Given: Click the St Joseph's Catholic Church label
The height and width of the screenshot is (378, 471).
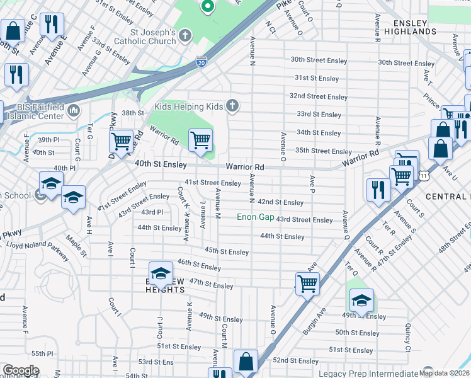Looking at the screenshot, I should click(144, 37).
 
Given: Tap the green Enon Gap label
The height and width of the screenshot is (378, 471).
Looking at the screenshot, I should click(255, 217).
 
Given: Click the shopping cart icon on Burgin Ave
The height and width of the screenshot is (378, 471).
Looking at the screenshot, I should click(307, 283).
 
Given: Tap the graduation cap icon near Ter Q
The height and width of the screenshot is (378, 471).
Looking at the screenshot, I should click(361, 299).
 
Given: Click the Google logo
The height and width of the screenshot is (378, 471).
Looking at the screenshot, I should click(20, 370).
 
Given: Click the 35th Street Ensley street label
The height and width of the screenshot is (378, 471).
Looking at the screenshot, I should click(324, 151).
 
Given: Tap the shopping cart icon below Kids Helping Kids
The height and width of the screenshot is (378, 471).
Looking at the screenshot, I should click(200, 140).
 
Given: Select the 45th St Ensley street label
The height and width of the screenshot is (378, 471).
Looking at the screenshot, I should click(227, 251).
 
